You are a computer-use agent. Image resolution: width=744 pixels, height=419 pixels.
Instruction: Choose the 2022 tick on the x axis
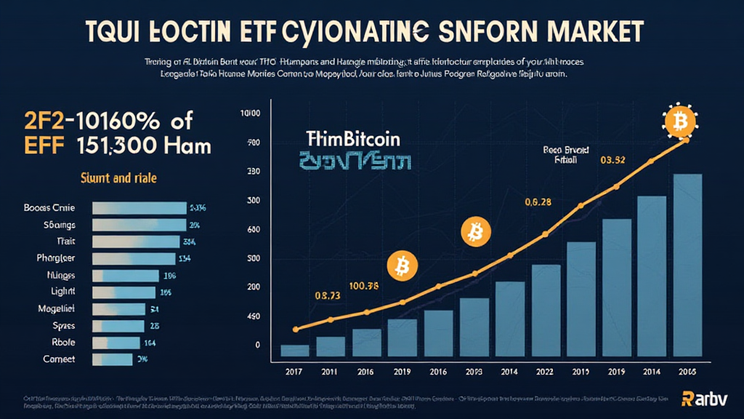tap(549, 371)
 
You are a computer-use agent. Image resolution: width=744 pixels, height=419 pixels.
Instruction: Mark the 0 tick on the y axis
tap(256, 344)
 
